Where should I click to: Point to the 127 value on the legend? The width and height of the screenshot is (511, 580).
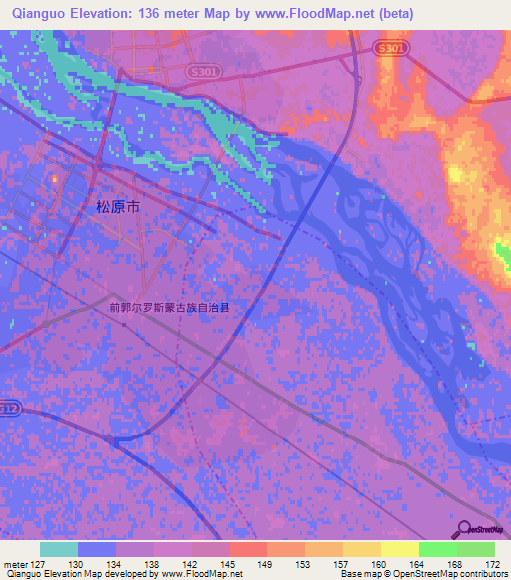pos(39,564)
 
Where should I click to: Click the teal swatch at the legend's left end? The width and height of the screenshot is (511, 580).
pos(59,549)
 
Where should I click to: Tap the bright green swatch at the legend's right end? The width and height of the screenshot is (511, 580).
pos(475,549)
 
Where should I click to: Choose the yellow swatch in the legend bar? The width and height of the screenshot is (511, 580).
pos(399,549)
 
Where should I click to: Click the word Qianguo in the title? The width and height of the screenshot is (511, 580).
pos(41,14)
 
